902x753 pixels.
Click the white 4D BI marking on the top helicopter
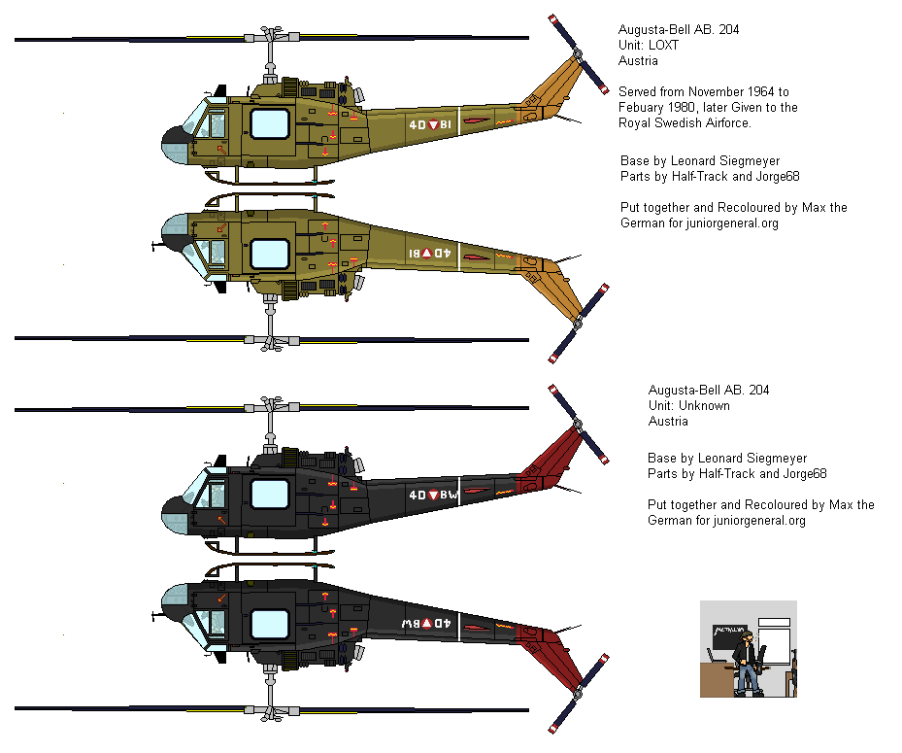pos(429,125)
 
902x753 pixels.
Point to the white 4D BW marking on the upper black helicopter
pos(433,495)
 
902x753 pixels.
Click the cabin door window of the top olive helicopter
pos(270,124)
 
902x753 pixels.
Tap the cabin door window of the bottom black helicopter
pos(270,623)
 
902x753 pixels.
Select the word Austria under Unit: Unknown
pos(668,422)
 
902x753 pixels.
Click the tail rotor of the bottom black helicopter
pos(579,692)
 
